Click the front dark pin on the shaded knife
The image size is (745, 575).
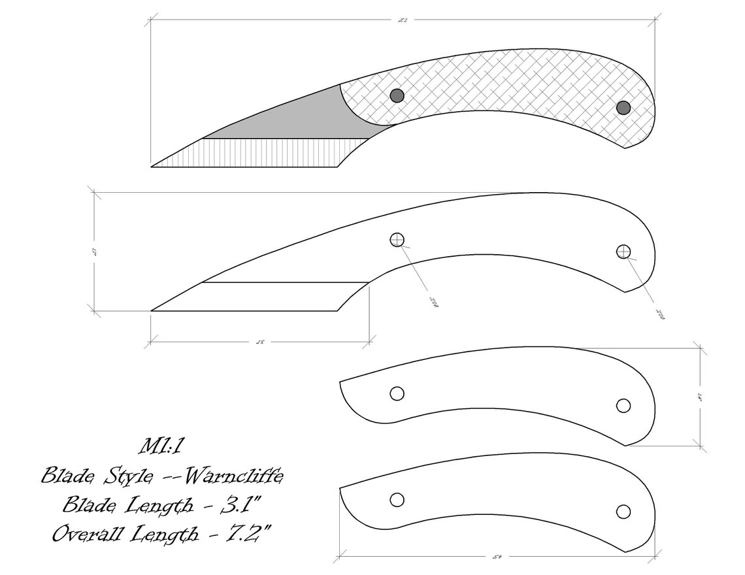coord(397,95)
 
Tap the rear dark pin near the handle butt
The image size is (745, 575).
coord(623,107)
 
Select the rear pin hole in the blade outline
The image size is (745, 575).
coord(623,252)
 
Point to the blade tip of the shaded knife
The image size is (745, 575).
coord(154,166)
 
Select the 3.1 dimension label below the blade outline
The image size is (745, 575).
coord(259,342)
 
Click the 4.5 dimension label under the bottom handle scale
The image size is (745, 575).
coord(495,557)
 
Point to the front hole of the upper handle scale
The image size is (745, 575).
coord(397,393)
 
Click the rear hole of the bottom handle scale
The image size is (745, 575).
coord(623,511)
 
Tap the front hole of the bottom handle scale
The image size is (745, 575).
coord(397,500)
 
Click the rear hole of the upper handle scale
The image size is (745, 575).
coord(623,406)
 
